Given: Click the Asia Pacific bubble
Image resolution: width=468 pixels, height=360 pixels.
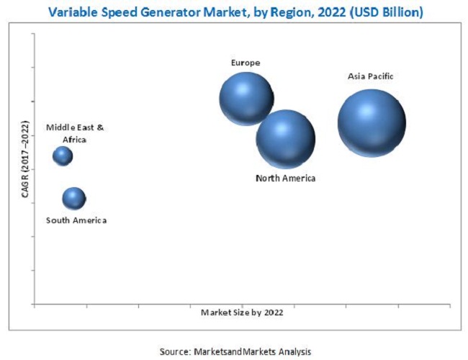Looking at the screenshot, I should point(372,123).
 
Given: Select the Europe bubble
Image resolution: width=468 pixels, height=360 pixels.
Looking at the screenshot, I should point(246,98).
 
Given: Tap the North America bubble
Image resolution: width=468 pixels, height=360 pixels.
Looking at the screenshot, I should point(286,139).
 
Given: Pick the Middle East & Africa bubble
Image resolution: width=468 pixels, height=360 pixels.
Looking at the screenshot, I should point(63,156).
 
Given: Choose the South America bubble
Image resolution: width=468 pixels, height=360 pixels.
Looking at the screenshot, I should point(73,198).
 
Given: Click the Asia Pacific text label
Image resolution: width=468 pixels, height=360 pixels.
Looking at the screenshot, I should point(370,76).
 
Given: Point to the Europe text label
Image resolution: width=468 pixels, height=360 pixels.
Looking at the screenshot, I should point(246,63).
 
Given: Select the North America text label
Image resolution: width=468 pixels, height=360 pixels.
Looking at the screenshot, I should point(286,178).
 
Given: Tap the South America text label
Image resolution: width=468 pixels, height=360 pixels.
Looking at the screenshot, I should point(76,220).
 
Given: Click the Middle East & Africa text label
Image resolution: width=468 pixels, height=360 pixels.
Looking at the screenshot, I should point(76,133).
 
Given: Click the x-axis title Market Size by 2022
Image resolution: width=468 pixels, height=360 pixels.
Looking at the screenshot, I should point(242,312).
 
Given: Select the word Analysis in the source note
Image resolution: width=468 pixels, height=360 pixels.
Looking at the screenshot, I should point(297,351).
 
